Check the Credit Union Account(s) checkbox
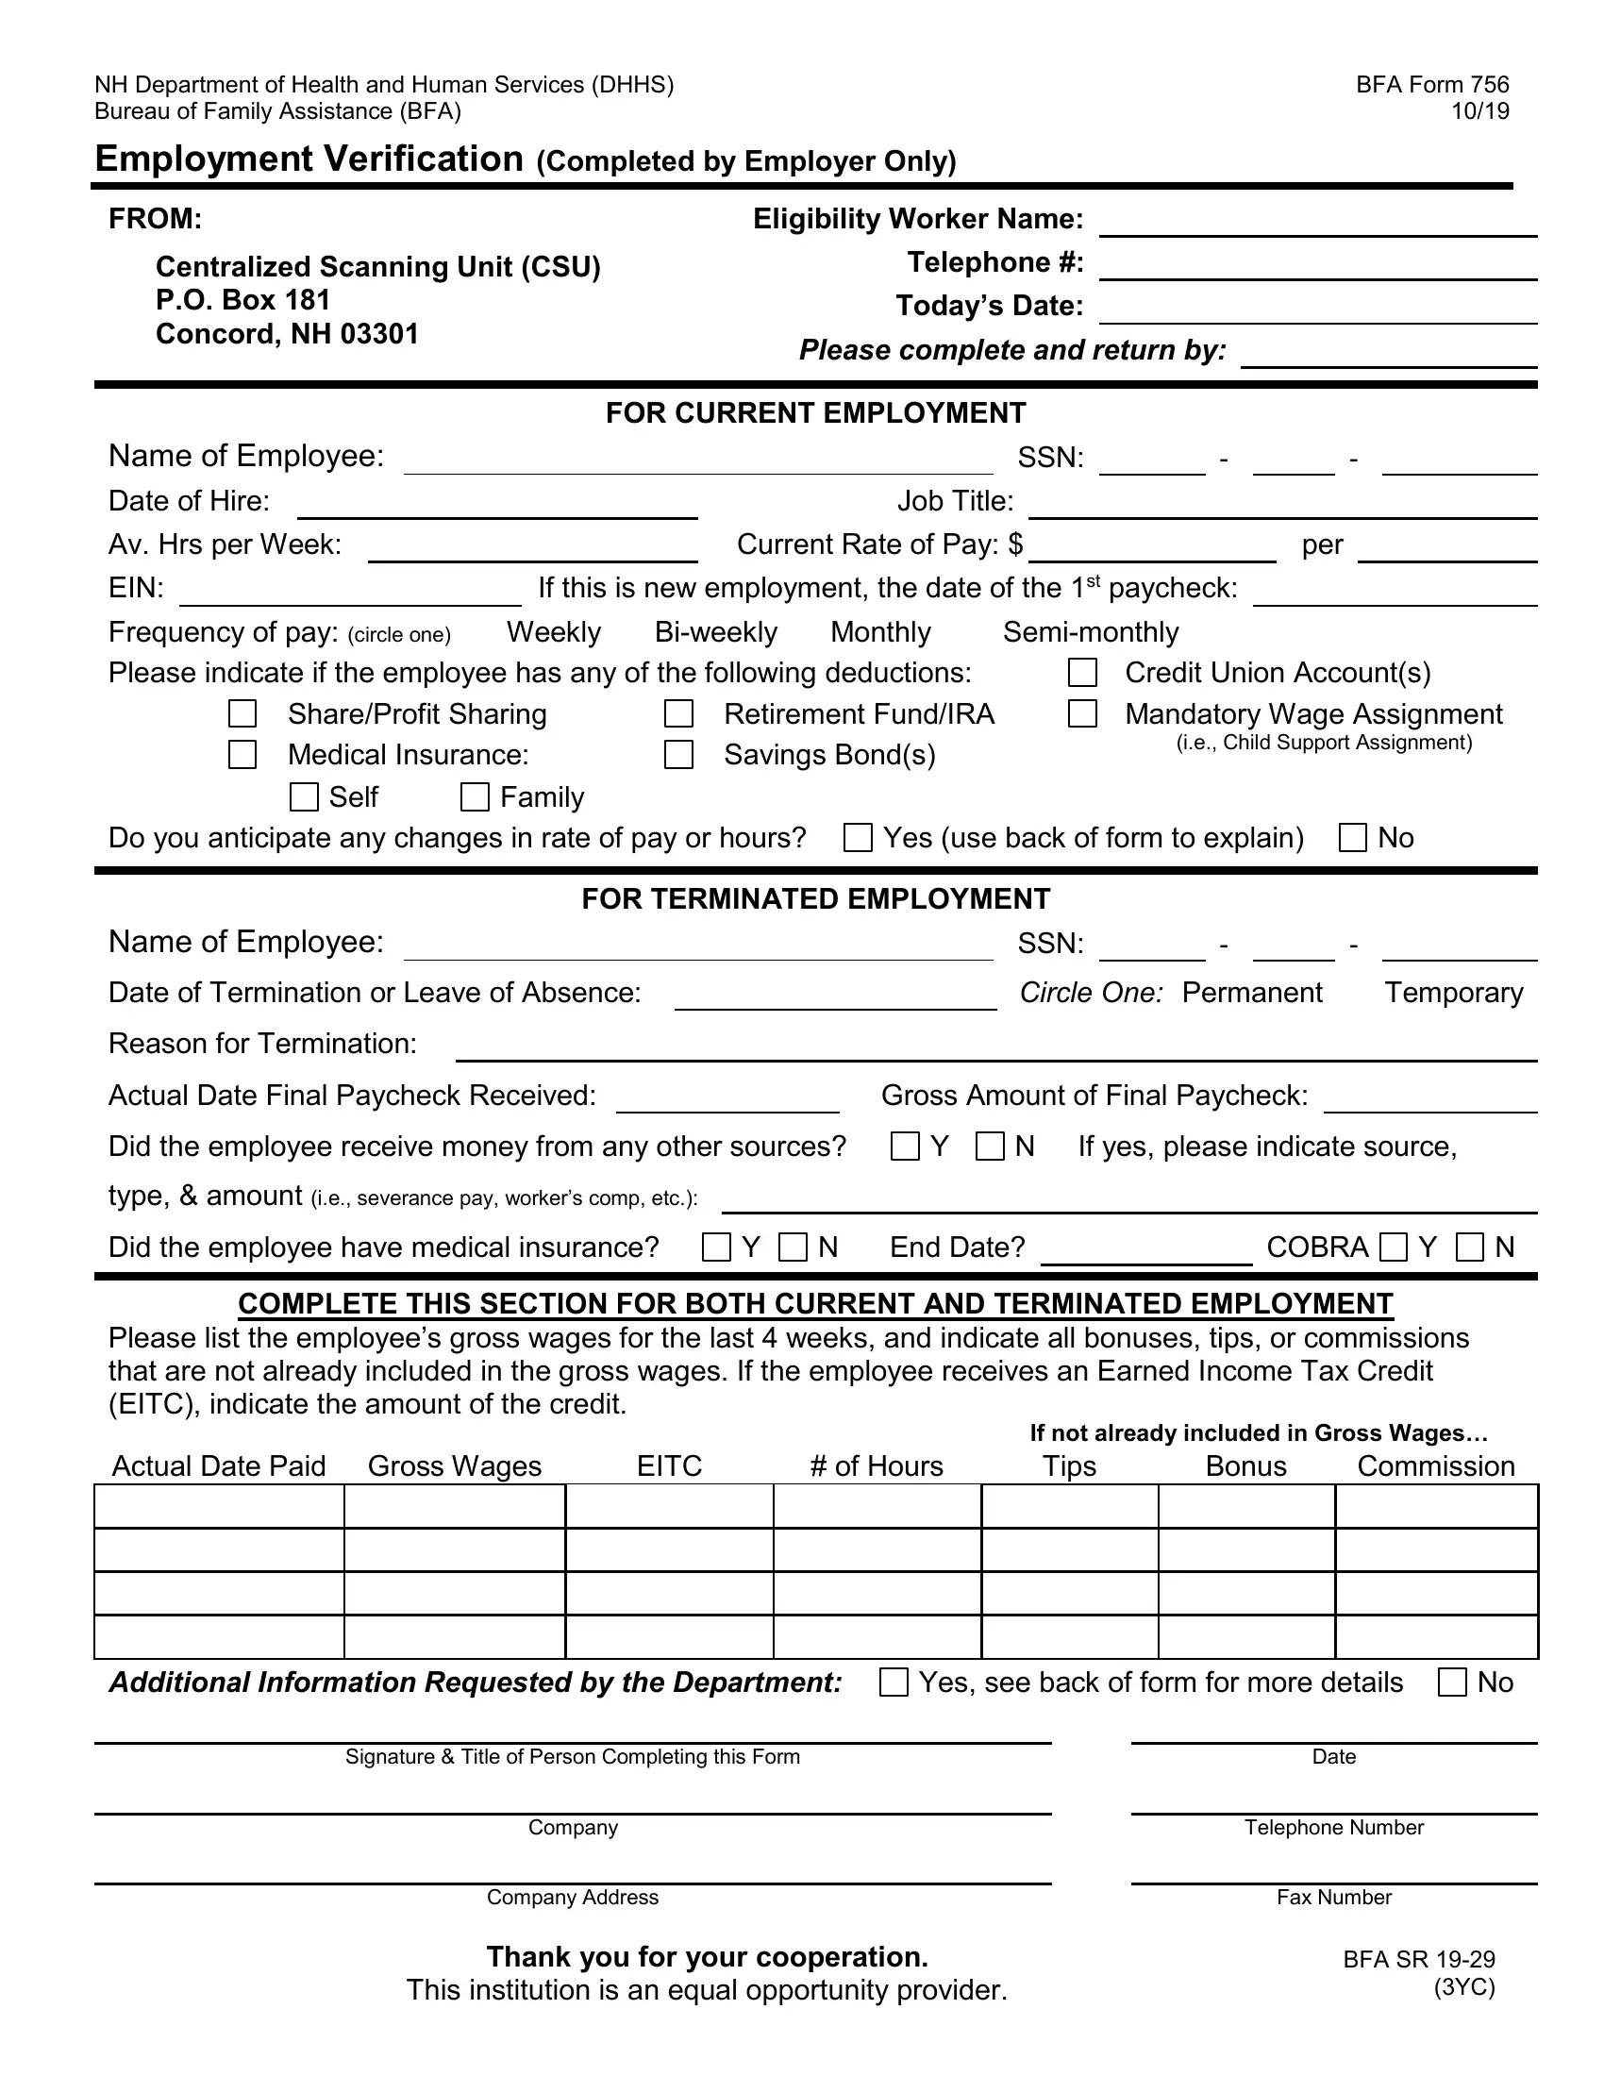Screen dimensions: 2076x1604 click(1082, 673)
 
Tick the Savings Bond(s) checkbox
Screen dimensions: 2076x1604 click(678, 755)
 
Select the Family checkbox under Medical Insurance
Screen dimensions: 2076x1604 click(475, 796)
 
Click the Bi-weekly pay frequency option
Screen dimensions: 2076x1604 click(715, 632)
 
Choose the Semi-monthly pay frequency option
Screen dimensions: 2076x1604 click(1090, 632)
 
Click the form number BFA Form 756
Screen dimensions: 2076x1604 click(1432, 85)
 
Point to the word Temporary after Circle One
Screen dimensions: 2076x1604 click(1453, 993)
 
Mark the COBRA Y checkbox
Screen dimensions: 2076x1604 click(1393, 1247)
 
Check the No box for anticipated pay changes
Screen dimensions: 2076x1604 click(1352, 837)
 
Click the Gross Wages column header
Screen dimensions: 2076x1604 click(454, 1465)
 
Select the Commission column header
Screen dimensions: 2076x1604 click(1435, 1465)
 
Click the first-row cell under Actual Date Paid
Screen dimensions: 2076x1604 click(219, 1507)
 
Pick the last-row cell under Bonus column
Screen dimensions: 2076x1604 click(1245, 1637)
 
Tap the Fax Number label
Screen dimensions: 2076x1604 click(1333, 1898)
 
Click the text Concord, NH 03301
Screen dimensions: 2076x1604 click(287, 335)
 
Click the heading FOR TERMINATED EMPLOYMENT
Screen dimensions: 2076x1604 click(815, 899)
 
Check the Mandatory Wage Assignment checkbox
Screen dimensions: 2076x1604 click(1082, 714)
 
